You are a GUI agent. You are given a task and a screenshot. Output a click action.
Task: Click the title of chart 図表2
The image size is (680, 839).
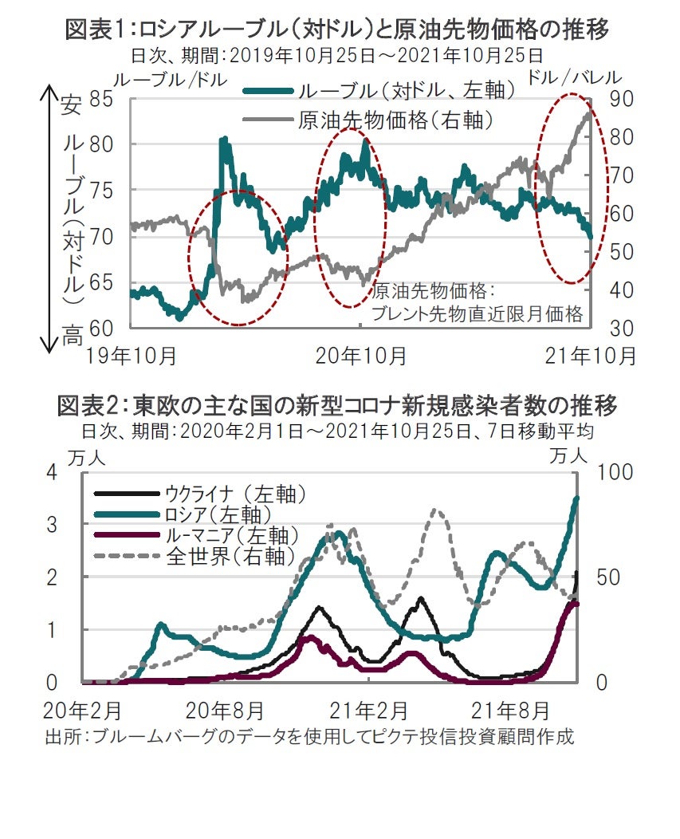tap(338, 406)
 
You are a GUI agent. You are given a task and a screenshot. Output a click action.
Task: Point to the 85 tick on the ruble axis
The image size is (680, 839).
tap(101, 100)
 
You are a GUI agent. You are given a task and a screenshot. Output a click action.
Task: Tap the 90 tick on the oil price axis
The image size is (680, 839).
tap(621, 98)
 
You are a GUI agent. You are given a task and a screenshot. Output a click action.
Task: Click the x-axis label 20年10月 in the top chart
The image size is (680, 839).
tap(360, 355)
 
